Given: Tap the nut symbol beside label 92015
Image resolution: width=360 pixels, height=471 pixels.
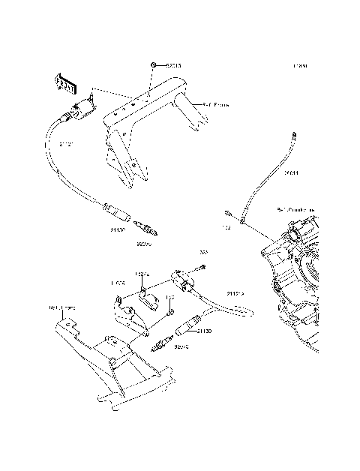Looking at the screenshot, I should (x=153, y=66).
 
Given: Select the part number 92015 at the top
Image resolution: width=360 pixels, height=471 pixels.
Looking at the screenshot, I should (x=174, y=66).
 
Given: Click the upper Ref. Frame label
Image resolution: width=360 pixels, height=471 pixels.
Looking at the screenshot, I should (x=216, y=105).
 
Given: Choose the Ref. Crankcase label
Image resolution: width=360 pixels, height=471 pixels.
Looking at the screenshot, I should (x=295, y=210).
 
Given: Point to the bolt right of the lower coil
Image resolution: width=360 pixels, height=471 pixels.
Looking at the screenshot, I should (x=203, y=267).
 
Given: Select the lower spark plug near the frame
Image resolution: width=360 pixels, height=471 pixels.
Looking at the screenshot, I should (x=161, y=345).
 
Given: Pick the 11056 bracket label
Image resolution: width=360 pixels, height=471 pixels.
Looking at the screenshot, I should (x=118, y=284).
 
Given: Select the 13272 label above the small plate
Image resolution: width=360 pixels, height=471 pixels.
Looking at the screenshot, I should (x=143, y=274).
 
